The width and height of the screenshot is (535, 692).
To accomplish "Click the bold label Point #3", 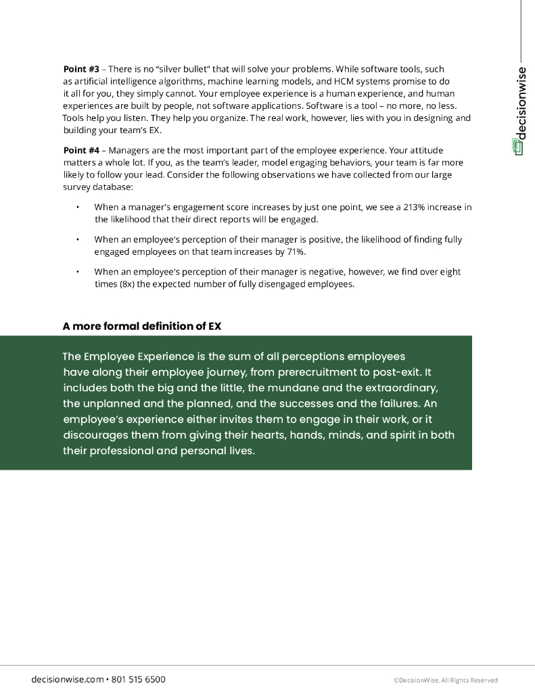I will click(81, 69).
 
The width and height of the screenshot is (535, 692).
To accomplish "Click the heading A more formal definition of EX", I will click(142, 326).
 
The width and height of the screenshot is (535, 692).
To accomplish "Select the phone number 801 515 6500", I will click(138, 679).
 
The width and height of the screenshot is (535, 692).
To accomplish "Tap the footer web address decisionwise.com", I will click(68, 679).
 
